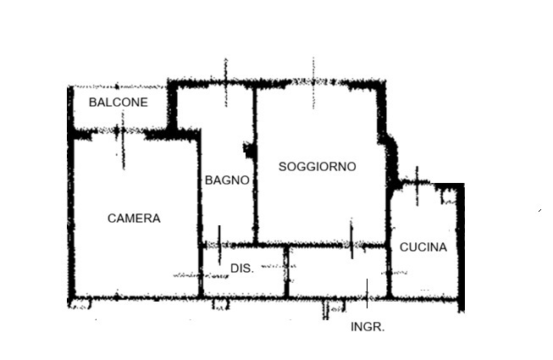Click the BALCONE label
pyautogui.click(x=119, y=102)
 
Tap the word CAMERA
pyautogui.click(x=134, y=219)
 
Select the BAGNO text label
pyautogui.click(x=227, y=180)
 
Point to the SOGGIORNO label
pyautogui.click(x=317, y=166)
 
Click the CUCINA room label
pyautogui.click(x=423, y=247)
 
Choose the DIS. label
pyautogui.click(x=242, y=269)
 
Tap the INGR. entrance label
pyautogui.click(x=368, y=327)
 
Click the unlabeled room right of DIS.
pyautogui.click(x=338, y=272)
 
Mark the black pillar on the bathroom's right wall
pyautogui.click(x=250, y=151)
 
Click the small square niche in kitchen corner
pyautogui.click(x=449, y=197)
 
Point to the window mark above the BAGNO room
pyautogui.click(x=226, y=82)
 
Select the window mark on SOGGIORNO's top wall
pyautogui.click(x=313, y=82)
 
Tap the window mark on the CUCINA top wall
pyautogui.click(x=418, y=186)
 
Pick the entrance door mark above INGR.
pyautogui.click(x=368, y=293)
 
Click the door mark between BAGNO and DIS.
pyautogui.click(x=219, y=245)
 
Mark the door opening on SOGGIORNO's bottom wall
pyautogui.click(x=351, y=239)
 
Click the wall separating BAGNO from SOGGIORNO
pyautogui.click(x=255, y=166)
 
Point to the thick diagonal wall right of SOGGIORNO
pyautogui.click(x=390, y=158)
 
